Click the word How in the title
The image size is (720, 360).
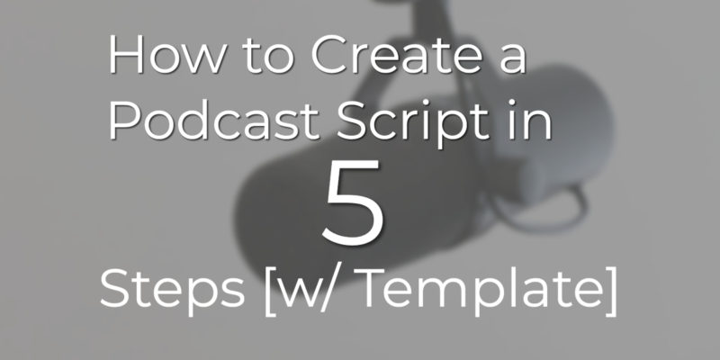pyautogui.click(x=167, y=56)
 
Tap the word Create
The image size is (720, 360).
pyautogui.click(x=396, y=56)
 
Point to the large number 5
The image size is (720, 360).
pyautogui.click(x=354, y=202)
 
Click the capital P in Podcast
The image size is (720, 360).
pyautogui.click(x=124, y=121)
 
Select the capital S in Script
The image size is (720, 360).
pyautogui.click(x=351, y=121)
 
